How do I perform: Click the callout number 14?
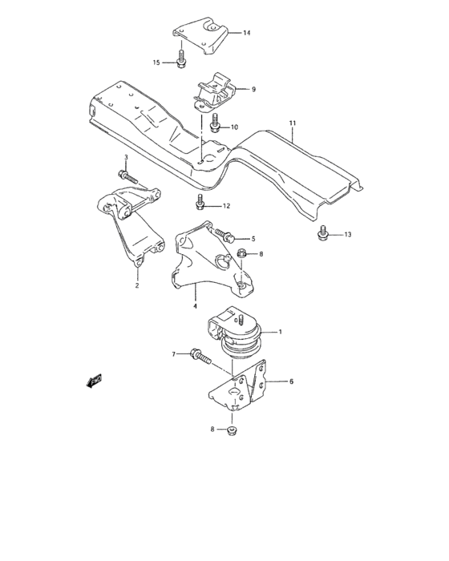(247, 33)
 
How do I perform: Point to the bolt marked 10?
(216, 124)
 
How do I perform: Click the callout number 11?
(293, 123)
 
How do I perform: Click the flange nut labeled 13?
(322, 233)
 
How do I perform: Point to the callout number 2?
(136, 285)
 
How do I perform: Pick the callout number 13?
(348, 235)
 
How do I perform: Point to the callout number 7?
(173, 353)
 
